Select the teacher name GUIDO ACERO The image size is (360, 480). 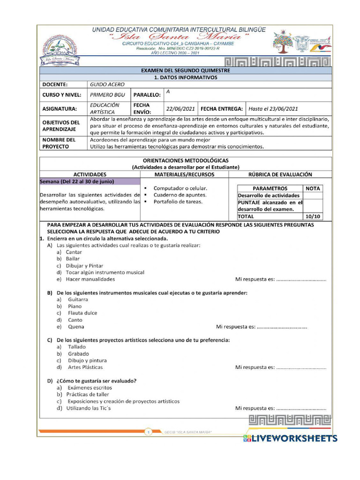(x=107, y=85)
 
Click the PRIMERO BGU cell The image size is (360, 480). (x=107, y=95)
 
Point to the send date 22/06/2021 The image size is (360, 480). (x=180, y=109)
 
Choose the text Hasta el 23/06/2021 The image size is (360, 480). (x=273, y=109)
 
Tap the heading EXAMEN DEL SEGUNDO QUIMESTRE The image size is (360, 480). (x=186, y=70)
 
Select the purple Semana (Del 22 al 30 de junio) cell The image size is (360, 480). (x=90, y=181)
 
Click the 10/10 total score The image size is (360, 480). (x=313, y=217)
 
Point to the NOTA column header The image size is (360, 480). (x=313, y=188)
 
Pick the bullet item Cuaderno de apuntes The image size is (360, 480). (x=178, y=195)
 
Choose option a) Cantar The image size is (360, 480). (x=74, y=252)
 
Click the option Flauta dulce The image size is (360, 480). (x=82, y=313)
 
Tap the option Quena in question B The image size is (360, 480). (x=76, y=327)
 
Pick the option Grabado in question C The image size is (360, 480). (x=78, y=354)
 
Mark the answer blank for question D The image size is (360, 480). (x=301, y=408)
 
